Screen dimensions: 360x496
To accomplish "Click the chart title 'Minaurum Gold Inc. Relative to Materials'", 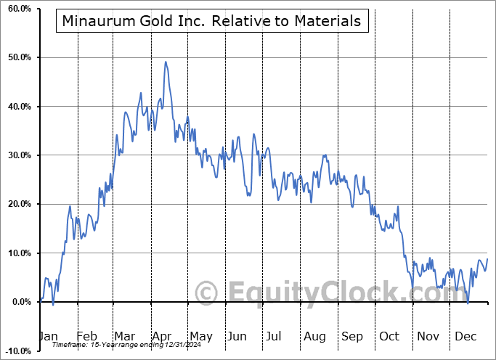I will [x=211, y=21].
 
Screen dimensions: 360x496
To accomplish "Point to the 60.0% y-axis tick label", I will [x=17, y=9].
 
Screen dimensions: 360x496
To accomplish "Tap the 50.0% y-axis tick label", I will [x=17, y=57].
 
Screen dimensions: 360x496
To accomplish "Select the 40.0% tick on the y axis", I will [x=17, y=107].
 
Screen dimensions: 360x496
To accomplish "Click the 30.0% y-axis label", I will [x=17, y=155].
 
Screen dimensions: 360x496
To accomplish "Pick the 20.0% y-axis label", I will [x=17, y=204].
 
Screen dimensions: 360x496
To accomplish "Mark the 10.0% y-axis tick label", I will [x=17, y=253].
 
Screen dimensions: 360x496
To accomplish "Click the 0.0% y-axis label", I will [x=19, y=302].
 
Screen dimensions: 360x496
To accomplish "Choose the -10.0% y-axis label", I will [x=16, y=351].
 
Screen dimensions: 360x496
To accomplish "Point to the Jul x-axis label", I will [x=273, y=336].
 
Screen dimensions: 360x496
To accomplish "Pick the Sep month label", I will [x=352, y=336].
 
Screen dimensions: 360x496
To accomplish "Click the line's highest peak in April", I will [x=166, y=62].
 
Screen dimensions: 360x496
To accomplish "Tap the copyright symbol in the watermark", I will [x=207, y=293].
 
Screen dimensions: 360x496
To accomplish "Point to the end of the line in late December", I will [x=487, y=259].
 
